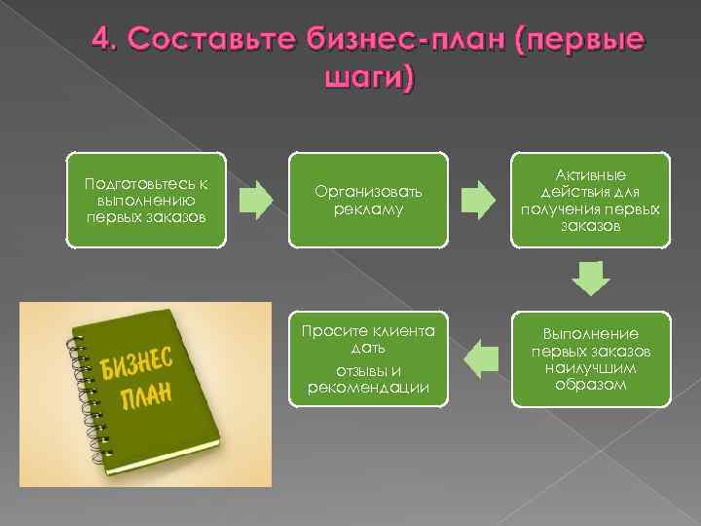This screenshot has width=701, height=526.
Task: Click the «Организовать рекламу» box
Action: click(368, 200)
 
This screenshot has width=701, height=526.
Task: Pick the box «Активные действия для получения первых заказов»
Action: click(590, 199)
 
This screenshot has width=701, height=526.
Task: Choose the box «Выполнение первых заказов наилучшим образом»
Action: click(590, 357)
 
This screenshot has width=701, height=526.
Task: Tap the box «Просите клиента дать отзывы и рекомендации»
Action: click(368, 357)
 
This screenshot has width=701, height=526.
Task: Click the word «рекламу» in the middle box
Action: click(368, 209)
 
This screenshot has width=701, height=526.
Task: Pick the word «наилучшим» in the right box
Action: click(590, 370)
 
